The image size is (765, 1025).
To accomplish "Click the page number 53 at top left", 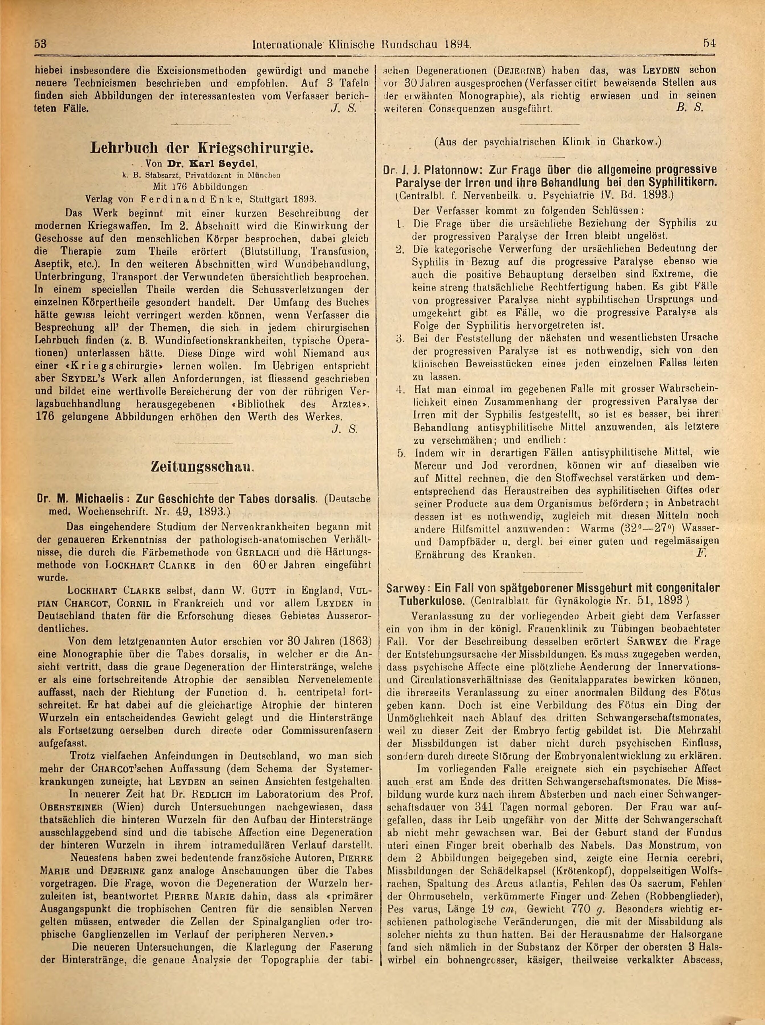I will (x=41, y=44).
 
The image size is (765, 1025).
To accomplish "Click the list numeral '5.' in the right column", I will (x=401, y=452).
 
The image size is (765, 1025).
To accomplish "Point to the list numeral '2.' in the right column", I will (x=401, y=249).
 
